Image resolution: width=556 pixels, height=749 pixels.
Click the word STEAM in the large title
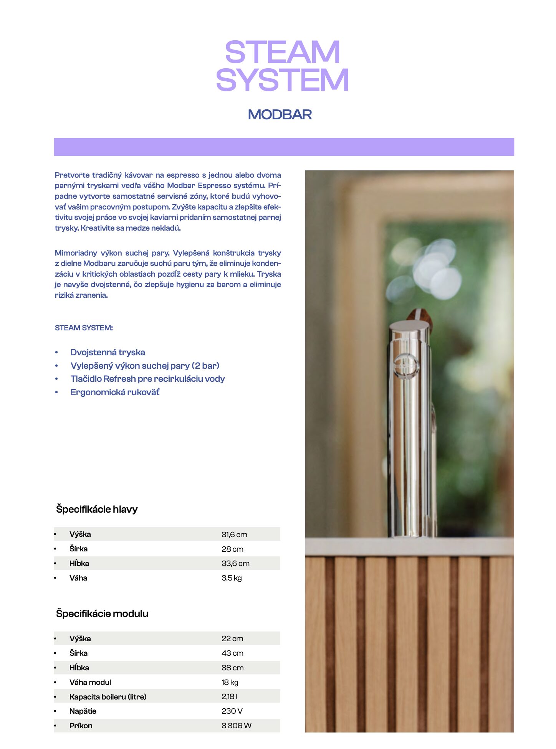282,52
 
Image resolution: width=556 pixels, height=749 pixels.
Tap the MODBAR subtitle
280,114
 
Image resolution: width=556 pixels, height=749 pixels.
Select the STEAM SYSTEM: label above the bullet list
84,328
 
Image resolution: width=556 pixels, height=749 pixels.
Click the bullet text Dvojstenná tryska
108,352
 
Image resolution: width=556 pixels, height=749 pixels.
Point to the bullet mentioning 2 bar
145,366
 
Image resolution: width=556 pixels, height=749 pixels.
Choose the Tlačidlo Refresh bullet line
147,379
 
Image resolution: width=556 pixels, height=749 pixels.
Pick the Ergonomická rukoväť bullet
115,392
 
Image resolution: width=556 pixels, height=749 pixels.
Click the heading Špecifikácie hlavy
97,509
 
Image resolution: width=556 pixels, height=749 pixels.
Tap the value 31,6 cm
234,535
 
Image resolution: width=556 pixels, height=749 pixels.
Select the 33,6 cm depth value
235,563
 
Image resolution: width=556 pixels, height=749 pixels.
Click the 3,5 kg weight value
232,578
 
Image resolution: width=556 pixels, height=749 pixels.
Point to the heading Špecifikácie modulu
102,614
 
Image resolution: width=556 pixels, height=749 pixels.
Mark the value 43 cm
232,653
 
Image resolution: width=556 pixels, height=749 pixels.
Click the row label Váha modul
90,682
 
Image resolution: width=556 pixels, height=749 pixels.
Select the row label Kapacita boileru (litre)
108,697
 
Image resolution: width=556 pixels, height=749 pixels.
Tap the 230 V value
232,711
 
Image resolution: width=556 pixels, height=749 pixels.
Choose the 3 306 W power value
236,726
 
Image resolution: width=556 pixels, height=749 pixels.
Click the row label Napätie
83,711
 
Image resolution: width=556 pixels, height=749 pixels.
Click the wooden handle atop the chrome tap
420,317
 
